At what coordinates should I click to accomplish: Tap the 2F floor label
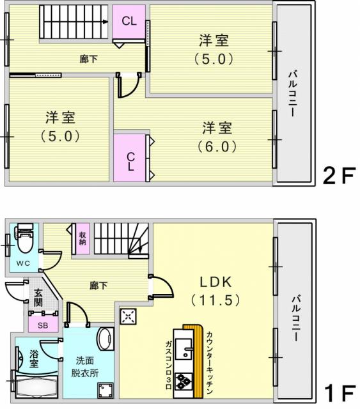pos(339,176)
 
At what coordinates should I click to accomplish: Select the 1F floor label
pos(340,394)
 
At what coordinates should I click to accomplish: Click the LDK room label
pos(215,282)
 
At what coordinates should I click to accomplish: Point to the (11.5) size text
pos(215,300)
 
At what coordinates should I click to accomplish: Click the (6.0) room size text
pos(217,147)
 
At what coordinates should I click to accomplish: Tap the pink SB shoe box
pos(43,324)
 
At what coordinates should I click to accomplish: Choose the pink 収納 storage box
pos(82,238)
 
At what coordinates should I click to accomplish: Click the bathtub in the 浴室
pos(36,387)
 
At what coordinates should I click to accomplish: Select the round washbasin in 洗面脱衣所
pos(106,339)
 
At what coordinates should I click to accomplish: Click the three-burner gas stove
pos(184,382)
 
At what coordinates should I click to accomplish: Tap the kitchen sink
pos(184,348)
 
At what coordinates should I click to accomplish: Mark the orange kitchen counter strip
pos(198,361)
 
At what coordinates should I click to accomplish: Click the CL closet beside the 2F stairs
pos(129,22)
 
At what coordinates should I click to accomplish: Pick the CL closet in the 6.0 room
pos(130,158)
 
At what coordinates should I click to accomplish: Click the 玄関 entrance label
pos(38,298)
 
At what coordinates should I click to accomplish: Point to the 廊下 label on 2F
pos(88,59)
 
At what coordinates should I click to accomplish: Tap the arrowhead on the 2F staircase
pos(106,22)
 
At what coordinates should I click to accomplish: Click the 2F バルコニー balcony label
pos(293,94)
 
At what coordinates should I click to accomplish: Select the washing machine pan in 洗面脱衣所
pos(106,390)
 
